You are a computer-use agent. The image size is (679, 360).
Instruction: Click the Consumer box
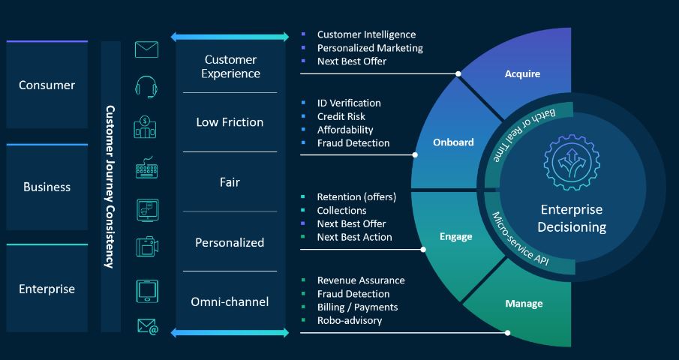pos(47,85)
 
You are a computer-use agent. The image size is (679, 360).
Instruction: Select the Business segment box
pos(47,187)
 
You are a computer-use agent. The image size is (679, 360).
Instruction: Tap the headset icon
pos(146,87)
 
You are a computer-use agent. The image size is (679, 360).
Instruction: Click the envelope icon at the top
pos(146,49)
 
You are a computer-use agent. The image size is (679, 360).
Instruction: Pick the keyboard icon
pos(146,168)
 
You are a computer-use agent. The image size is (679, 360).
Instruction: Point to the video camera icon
pos(147,246)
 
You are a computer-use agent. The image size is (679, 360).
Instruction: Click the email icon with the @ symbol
pos(148,327)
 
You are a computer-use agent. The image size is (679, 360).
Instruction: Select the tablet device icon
pos(147,291)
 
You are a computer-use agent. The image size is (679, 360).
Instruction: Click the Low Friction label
pos(230,122)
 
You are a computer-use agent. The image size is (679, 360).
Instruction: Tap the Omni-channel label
pos(230,301)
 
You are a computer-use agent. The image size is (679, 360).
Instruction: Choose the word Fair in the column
pos(230,182)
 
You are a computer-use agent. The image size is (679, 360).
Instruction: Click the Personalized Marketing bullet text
pos(370,48)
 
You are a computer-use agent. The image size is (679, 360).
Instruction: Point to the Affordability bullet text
pos(345,130)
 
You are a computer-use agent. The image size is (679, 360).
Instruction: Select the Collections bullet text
pos(341,210)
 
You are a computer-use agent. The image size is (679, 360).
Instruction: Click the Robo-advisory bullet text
pos(350,321)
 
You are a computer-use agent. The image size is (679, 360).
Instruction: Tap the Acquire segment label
pos(522,74)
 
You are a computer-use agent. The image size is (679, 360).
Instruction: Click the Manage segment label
pos(524,304)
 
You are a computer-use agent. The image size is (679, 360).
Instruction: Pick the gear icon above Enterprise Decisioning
pos(572,162)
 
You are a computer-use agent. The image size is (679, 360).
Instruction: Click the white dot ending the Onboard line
pos(415,154)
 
